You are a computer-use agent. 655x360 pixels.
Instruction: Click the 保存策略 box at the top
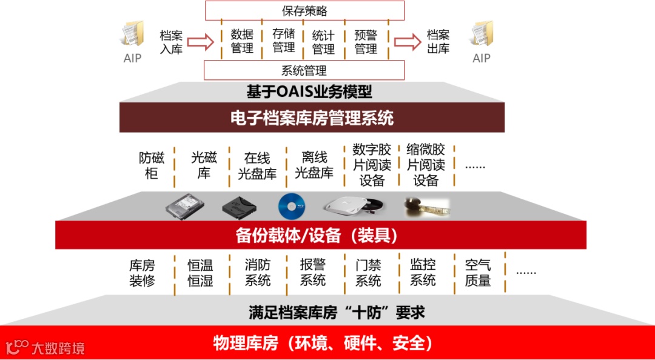304,11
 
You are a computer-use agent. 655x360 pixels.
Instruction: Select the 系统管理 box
304,70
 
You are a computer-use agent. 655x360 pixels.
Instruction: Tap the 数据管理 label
242,41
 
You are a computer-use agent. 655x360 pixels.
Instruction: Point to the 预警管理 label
366,41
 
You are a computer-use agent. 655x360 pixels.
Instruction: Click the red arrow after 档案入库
201,42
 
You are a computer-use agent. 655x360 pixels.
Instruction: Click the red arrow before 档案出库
408,42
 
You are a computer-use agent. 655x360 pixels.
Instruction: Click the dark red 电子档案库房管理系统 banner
312,118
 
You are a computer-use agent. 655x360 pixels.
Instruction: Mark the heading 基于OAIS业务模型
309,92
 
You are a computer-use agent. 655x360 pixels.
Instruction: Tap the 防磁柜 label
152,165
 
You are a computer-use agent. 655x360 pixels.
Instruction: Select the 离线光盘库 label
314,165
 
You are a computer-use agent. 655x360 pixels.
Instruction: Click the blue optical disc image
292,207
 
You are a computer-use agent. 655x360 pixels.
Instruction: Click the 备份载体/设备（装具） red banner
320,235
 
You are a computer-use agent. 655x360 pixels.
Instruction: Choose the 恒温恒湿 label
200,273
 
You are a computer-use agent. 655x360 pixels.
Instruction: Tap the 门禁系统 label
368,273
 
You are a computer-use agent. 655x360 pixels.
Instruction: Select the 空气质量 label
478,273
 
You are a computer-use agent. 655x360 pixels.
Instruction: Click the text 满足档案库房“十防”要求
337,313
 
